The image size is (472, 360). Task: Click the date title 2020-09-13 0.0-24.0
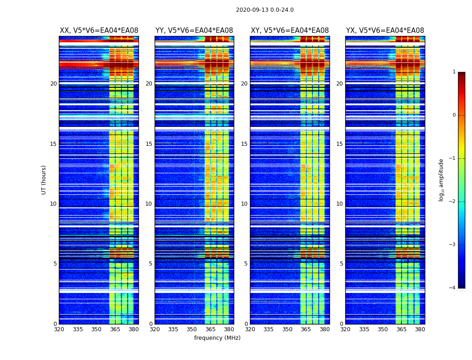pos(265,10)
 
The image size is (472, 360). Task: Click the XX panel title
pos(99,31)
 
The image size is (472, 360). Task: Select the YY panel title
pos(194,31)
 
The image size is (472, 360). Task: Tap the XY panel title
pos(289,31)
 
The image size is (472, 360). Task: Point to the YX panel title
pos(385,31)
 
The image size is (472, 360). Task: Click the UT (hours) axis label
pos(44,180)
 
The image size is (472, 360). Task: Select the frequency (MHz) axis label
pos(217,338)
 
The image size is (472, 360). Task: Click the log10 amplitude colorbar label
pos(441,180)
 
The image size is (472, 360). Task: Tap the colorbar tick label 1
pos(454,72)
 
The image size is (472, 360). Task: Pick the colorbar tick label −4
pos(453,288)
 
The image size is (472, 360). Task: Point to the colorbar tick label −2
pos(453,202)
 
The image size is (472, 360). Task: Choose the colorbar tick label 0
pos(454,115)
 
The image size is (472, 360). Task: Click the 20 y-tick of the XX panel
pos(53,84)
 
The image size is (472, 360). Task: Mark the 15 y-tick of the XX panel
pos(53,144)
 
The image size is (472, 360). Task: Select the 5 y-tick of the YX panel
pos(341,264)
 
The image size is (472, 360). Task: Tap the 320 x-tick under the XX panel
pos(59,329)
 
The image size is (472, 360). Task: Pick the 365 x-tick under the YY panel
pos(210,329)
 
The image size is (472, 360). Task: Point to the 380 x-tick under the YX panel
pos(420,329)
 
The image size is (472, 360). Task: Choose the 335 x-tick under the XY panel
pos(268,329)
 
